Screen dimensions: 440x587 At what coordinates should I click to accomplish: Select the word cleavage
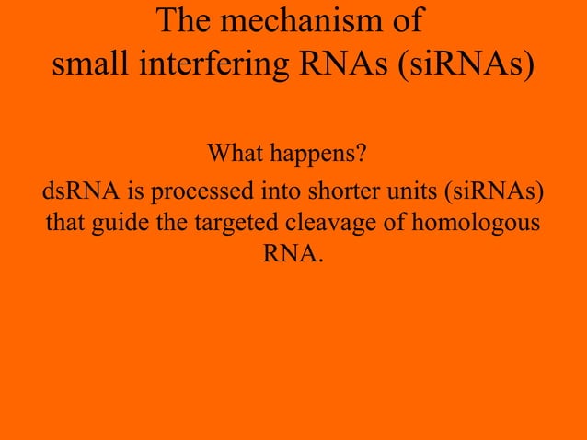(346, 224)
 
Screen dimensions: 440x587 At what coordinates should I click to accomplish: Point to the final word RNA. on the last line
(293, 253)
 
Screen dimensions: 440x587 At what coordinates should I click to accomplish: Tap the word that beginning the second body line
(65, 223)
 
